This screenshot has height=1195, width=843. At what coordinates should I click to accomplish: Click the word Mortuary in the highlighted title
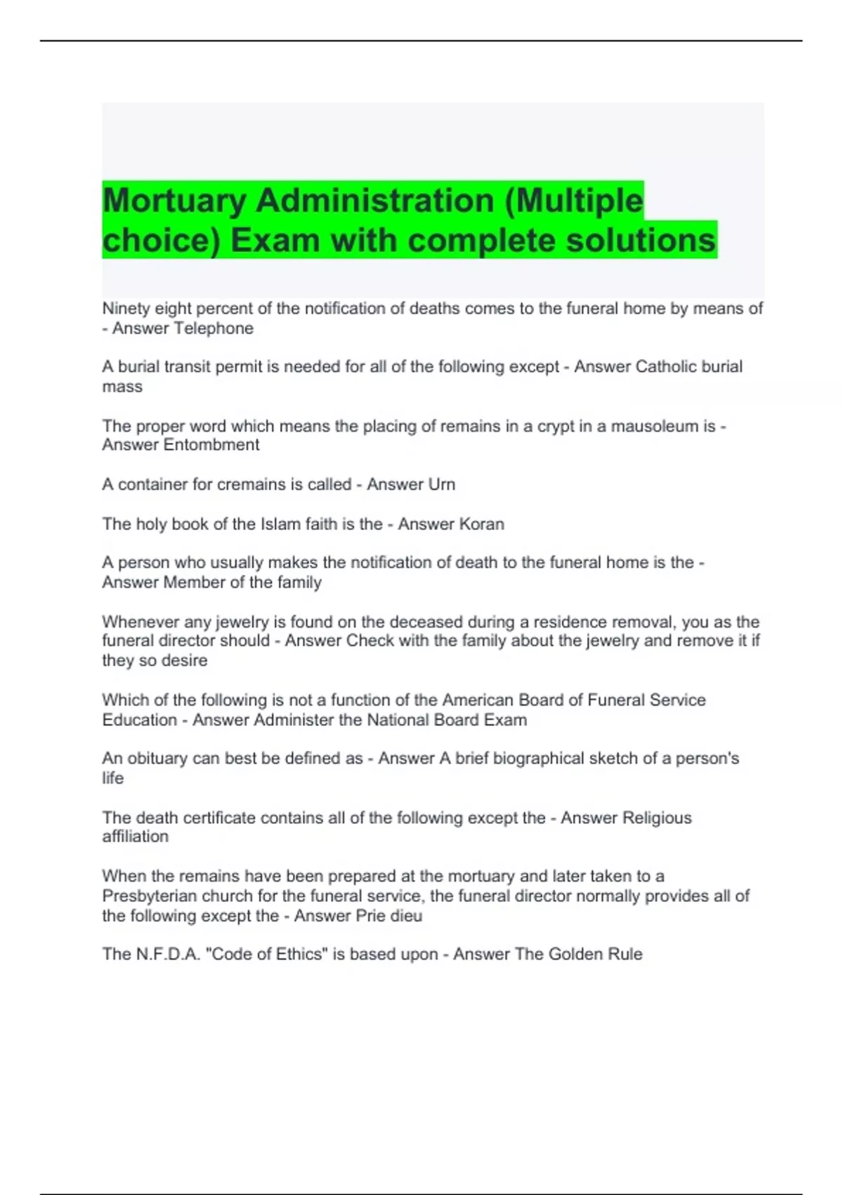click(174, 201)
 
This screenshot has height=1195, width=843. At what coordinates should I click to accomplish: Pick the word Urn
click(442, 484)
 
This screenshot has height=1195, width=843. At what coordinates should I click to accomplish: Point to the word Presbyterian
click(149, 896)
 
